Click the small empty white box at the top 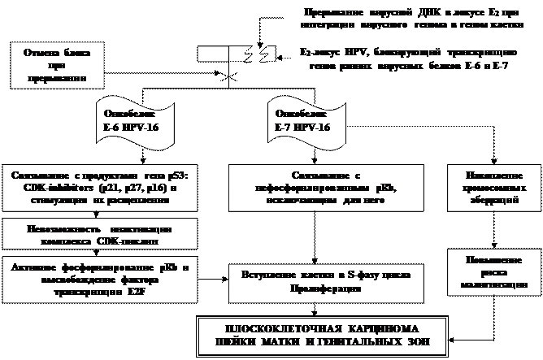click(x=212, y=54)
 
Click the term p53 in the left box click(x=164, y=176)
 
